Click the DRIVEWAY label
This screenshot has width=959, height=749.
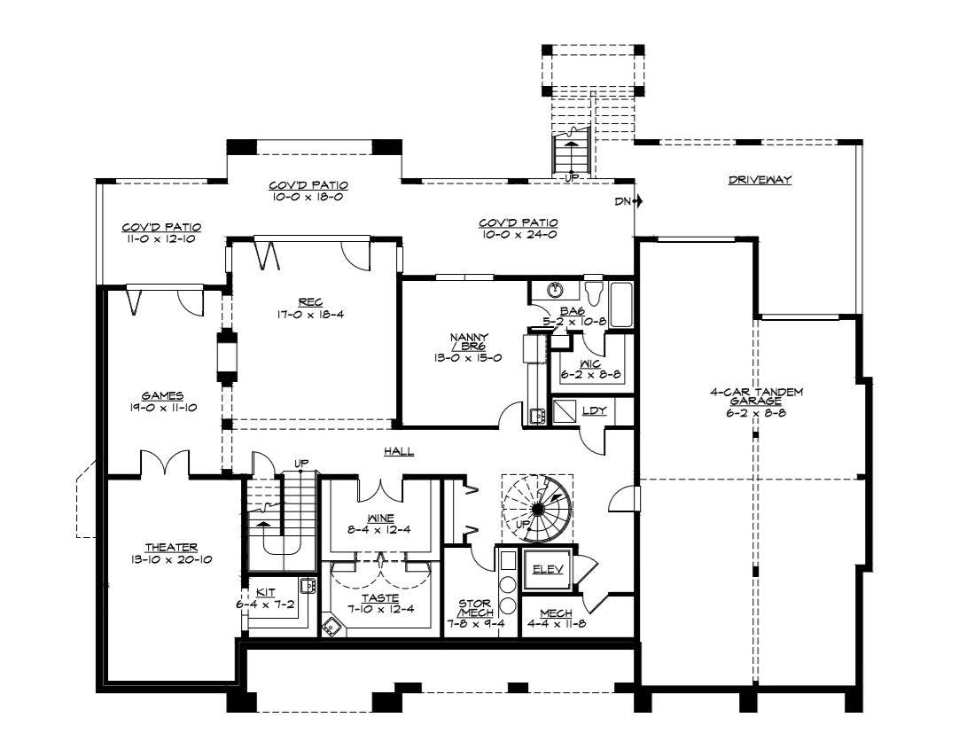tap(760, 180)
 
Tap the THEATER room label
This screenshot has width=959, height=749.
tap(171, 548)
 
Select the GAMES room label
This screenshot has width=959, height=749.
tap(163, 396)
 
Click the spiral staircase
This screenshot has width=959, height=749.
tap(538, 509)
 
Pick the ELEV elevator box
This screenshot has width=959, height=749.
tap(548, 569)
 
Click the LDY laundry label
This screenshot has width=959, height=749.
tap(594, 410)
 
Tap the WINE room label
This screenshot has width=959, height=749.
tap(380, 519)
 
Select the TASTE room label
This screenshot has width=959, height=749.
tap(380, 598)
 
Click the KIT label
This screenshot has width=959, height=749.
tap(265, 592)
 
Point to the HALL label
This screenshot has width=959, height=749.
tap(399, 451)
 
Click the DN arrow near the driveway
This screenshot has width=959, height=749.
tap(636, 200)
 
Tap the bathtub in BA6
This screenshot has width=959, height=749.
tap(622, 305)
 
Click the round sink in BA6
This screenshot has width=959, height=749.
tap(556, 288)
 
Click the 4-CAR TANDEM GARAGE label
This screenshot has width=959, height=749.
tap(756, 396)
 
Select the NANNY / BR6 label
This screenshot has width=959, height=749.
tap(470, 342)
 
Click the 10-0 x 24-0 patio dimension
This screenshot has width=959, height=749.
tap(518, 234)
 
